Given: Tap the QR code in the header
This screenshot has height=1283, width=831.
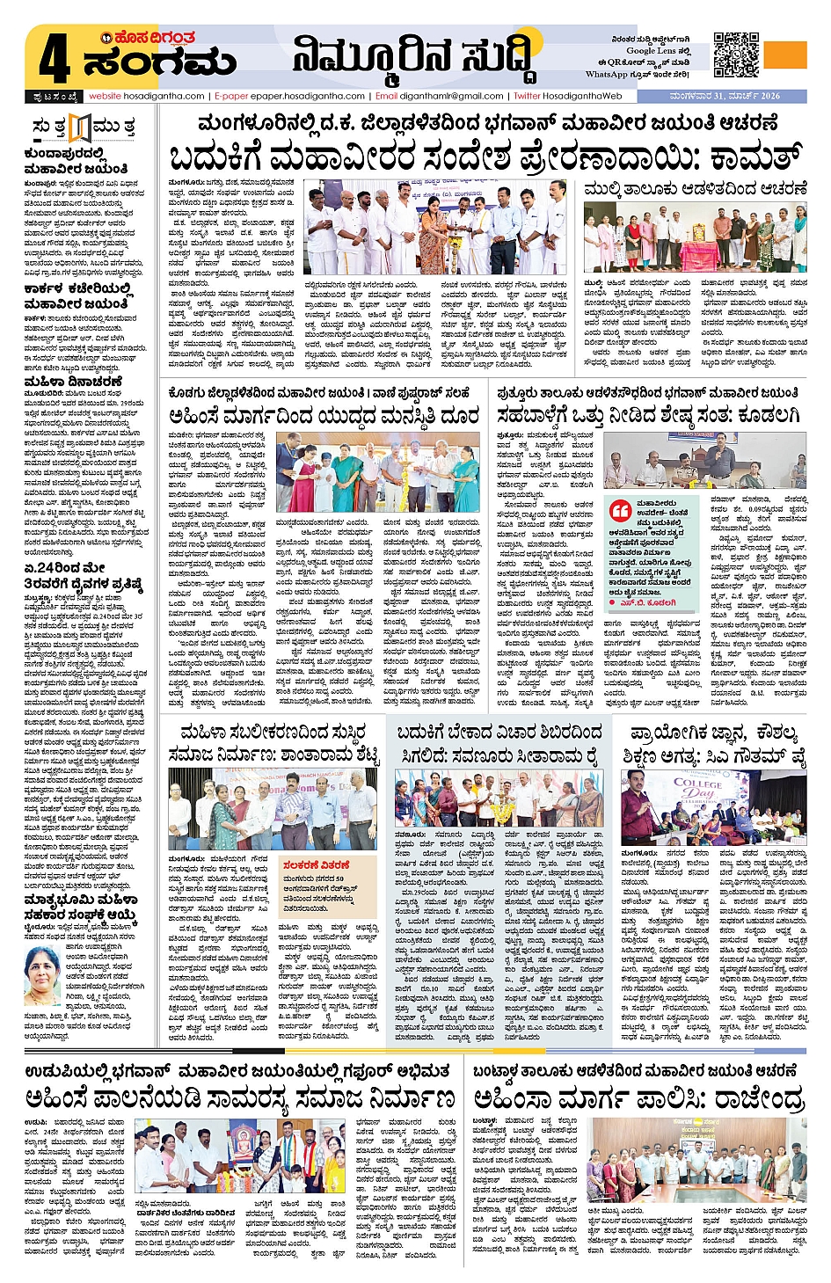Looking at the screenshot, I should [x=736, y=55].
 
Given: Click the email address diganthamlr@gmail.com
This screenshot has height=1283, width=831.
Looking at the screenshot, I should [x=451, y=96].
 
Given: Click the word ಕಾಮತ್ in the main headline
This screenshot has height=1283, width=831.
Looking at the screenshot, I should [x=738, y=157].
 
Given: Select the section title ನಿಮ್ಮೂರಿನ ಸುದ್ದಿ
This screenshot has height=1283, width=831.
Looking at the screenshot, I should [x=412, y=57].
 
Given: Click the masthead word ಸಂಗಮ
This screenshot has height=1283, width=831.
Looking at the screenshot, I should [x=160, y=63].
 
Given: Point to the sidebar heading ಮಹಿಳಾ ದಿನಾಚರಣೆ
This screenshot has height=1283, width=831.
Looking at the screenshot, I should [x=74, y=382].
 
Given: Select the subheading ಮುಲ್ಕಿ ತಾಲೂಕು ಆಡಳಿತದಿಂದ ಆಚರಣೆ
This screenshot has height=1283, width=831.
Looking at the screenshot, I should [x=695, y=188].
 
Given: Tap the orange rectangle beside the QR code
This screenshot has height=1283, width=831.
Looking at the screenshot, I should [x=784, y=54].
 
